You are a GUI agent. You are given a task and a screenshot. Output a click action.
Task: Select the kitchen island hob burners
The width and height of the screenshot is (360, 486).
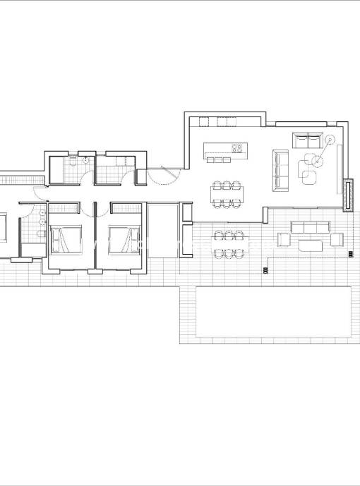click(237, 149)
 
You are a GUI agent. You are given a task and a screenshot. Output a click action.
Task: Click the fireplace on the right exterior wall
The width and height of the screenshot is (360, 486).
click(347, 194)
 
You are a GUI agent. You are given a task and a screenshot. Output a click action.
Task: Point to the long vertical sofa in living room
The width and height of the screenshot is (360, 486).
click(281, 169)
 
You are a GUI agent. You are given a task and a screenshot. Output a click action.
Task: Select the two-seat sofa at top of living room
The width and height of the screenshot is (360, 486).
click(307, 139)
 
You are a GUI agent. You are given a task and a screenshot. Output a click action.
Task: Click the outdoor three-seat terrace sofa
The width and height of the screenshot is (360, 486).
click(310, 228)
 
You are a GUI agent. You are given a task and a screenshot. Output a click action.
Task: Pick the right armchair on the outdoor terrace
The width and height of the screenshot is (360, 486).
click(336, 241)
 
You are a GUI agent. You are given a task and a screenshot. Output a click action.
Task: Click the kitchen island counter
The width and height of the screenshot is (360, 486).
click(224, 149)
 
